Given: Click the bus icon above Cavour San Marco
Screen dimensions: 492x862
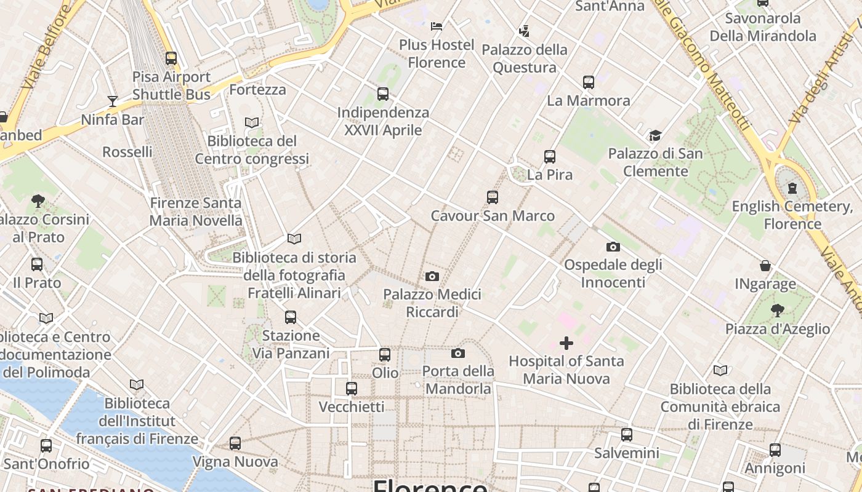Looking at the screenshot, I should (492, 197).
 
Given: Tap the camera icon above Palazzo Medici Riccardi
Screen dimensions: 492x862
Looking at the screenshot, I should (432, 276).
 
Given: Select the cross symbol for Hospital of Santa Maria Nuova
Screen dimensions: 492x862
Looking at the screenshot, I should (566, 343).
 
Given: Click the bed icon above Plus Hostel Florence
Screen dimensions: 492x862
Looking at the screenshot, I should (437, 26).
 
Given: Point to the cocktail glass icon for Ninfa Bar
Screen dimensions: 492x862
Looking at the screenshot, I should (112, 101).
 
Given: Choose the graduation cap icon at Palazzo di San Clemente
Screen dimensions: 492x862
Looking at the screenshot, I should (655, 135).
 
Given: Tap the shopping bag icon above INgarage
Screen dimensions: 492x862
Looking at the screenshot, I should (765, 266).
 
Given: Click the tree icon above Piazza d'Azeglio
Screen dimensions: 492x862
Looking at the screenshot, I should (777, 310).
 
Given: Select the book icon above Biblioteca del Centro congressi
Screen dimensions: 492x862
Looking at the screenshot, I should (251, 122).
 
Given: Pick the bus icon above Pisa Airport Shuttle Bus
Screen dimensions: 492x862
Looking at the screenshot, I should (171, 58).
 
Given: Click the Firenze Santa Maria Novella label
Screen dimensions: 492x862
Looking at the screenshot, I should (196, 212).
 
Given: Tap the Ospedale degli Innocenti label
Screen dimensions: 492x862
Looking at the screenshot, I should (613, 273).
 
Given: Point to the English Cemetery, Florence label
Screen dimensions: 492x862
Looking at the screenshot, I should (792, 215).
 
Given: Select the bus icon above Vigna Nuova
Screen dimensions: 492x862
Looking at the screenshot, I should (235, 443).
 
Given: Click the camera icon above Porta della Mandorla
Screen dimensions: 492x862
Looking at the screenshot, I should (457, 353).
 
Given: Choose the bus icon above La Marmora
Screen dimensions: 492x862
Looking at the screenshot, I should (588, 82).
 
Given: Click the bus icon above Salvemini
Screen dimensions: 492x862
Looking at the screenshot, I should (626, 434).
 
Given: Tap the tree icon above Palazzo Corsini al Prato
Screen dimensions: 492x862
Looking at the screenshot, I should (38, 200).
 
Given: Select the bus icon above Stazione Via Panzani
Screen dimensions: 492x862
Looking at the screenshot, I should (290, 317).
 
